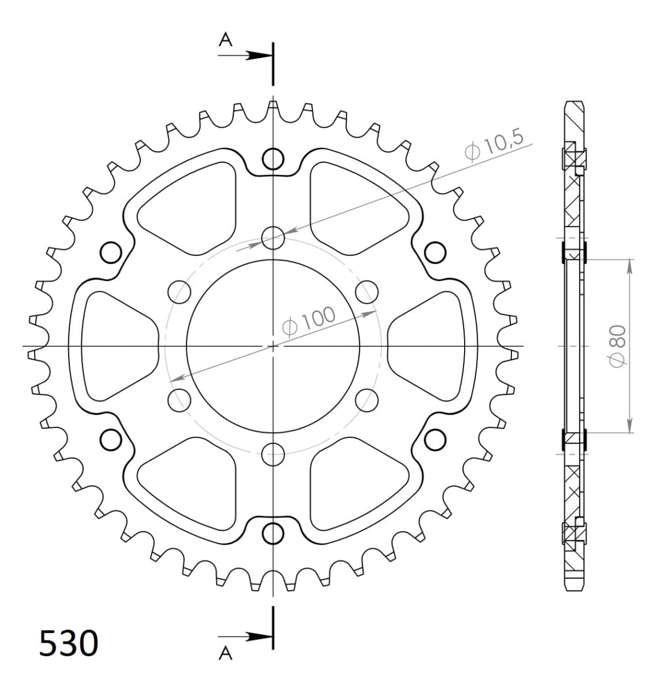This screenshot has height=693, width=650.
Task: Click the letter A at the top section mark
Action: [x=226, y=39]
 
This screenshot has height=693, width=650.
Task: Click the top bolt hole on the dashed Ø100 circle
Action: [x=273, y=236]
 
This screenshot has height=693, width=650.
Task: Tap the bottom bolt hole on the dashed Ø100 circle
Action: [x=273, y=454]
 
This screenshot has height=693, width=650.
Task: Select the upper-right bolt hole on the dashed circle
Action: [x=367, y=291]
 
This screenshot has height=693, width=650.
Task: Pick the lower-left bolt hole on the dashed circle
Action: [x=179, y=400]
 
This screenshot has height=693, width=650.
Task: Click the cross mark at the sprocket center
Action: [x=273, y=346]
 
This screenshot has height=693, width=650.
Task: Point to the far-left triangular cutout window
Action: [x=115, y=345]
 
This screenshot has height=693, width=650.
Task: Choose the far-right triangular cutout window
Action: [x=430, y=345]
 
